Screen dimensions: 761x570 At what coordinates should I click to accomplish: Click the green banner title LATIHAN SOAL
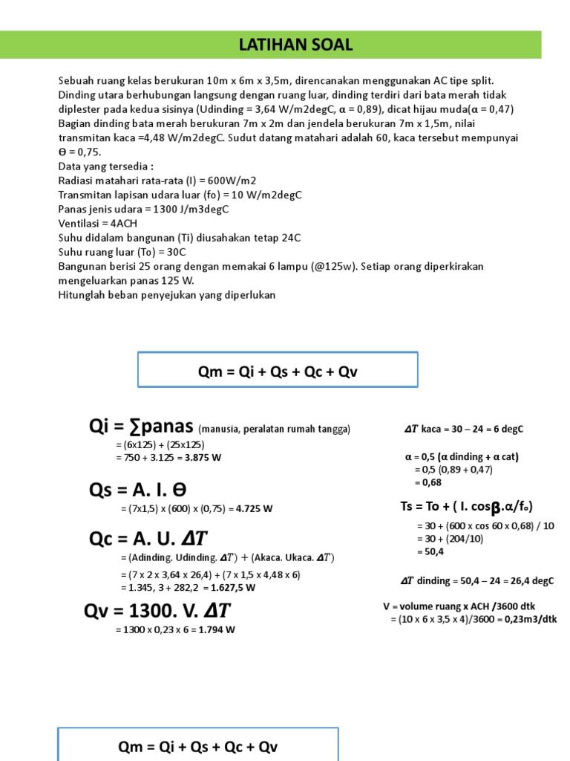295,45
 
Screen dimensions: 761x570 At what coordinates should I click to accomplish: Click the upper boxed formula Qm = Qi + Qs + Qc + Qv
278,370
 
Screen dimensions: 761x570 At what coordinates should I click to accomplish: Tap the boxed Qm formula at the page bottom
197,746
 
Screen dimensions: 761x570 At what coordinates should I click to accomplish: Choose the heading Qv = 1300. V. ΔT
157,611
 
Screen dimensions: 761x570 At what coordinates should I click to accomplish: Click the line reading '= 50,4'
432,552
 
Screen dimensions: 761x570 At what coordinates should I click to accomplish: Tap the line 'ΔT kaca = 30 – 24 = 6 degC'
463,429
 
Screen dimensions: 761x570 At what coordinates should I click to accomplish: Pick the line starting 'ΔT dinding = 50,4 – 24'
476,581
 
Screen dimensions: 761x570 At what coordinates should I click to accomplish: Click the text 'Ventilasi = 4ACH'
97,223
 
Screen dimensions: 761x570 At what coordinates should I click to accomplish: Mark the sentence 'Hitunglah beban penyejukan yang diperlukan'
166,294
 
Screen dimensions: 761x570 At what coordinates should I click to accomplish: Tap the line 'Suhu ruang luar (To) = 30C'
122,251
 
